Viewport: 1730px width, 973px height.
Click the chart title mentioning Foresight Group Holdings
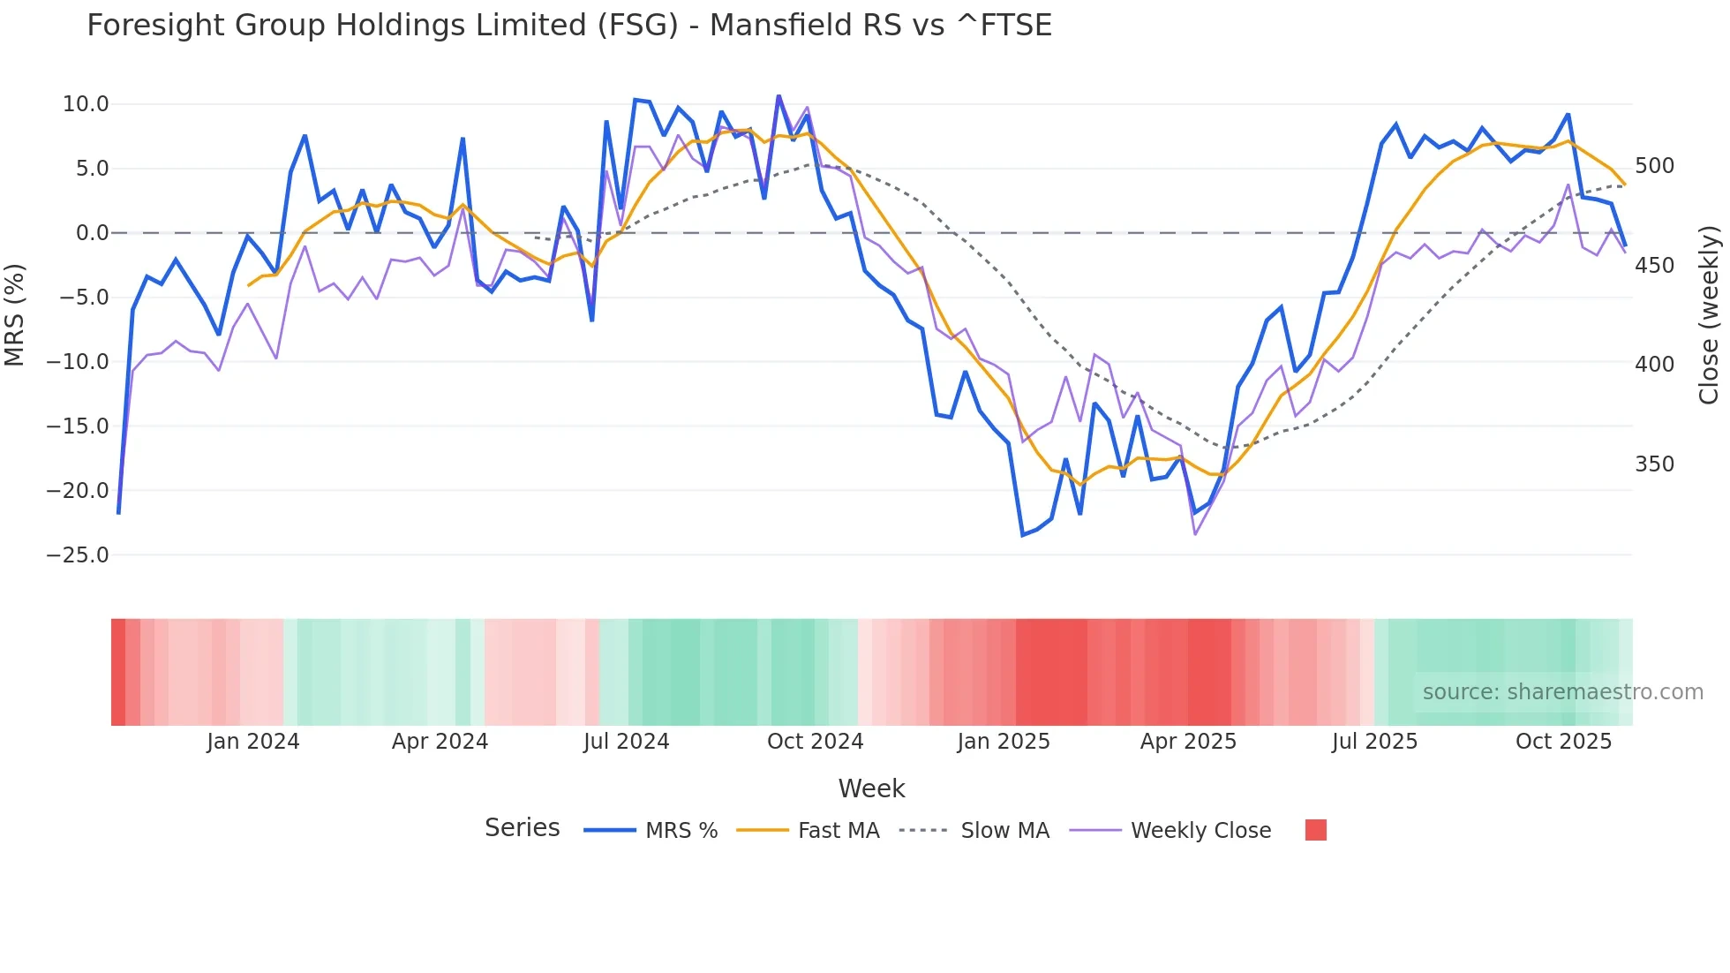click(x=569, y=26)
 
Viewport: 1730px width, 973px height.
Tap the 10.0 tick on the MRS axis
click(x=86, y=104)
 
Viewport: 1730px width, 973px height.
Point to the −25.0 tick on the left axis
click(x=78, y=555)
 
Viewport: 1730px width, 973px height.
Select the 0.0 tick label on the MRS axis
click(x=92, y=233)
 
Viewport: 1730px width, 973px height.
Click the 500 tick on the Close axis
click(x=1654, y=166)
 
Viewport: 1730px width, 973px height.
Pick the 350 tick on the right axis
click(x=1654, y=464)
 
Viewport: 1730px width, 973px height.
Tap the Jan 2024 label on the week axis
click(x=253, y=742)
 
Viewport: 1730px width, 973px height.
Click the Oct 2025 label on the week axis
click(x=1563, y=742)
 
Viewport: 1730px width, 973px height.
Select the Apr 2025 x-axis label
click(x=1188, y=742)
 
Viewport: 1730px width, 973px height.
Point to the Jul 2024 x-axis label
click(x=627, y=742)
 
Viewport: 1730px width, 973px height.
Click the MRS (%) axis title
click(x=15, y=314)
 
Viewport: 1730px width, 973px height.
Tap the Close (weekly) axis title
click(x=1709, y=315)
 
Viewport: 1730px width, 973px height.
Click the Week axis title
click(x=871, y=788)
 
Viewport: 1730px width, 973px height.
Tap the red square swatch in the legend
click(x=1315, y=830)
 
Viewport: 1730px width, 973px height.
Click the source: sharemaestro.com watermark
click(x=1562, y=692)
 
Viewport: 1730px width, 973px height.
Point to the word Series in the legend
click(x=522, y=828)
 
